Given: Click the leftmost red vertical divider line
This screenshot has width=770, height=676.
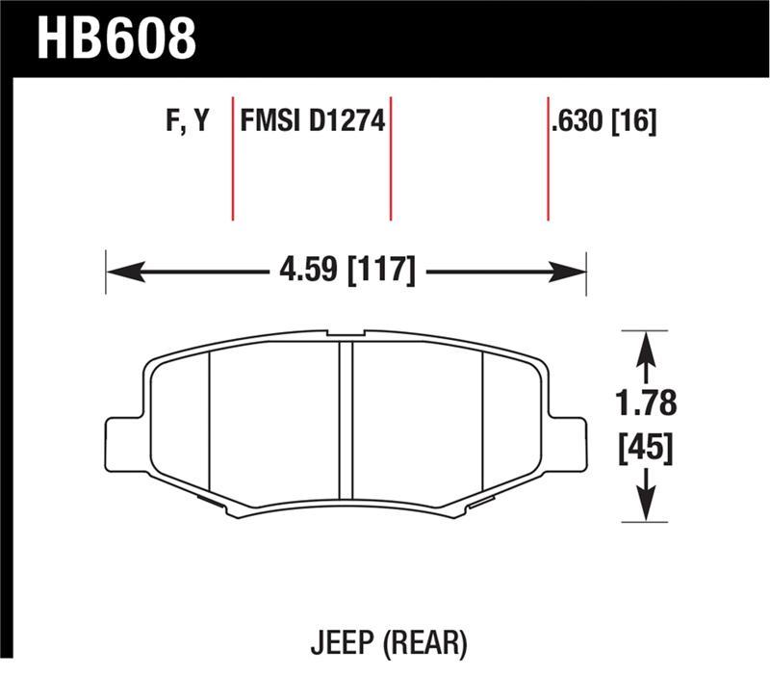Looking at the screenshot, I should [233, 159].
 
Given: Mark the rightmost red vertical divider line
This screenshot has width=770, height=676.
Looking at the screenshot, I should [548, 159].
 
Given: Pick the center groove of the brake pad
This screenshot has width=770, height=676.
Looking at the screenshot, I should [346, 424].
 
